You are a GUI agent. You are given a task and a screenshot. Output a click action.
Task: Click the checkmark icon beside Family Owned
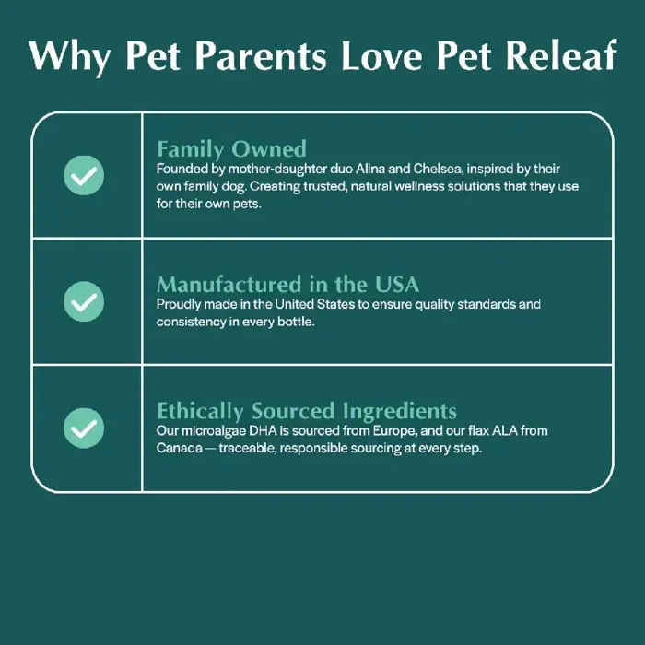pyautogui.click(x=84, y=175)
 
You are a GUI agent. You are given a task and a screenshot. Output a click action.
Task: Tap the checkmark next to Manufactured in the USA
pyautogui.click(x=84, y=301)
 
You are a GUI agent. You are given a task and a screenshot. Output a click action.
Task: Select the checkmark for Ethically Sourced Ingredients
pyautogui.click(x=84, y=428)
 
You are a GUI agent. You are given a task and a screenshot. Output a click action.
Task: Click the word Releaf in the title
pyautogui.click(x=561, y=55)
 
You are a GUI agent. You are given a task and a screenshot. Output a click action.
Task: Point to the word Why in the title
pyautogui.click(x=69, y=57)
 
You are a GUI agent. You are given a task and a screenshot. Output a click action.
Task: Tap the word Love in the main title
pyautogui.click(x=381, y=56)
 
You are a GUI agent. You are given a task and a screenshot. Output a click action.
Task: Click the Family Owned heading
pyautogui.click(x=231, y=149)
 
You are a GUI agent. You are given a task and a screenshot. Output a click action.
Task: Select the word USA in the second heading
pyautogui.click(x=397, y=284)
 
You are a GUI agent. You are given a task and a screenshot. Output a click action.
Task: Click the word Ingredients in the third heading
pyautogui.click(x=399, y=411)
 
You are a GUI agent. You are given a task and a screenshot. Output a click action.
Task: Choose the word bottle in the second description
pyautogui.click(x=296, y=322)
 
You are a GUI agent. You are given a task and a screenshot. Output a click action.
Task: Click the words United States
pyautogui.click(x=315, y=304)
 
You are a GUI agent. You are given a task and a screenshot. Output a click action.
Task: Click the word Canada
pyautogui.click(x=179, y=448)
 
